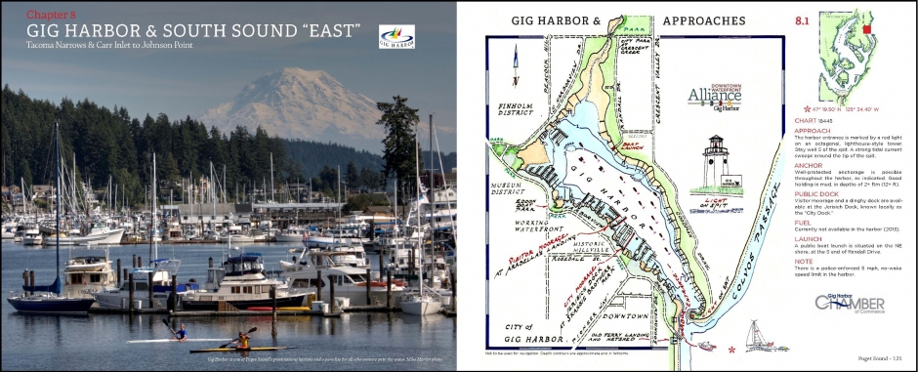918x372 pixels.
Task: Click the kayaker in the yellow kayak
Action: (x=240, y=342)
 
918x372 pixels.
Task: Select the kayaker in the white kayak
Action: (x=180, y=333)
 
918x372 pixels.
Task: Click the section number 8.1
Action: (x=800, y=19)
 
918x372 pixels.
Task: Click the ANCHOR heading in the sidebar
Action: (x=814, y=166)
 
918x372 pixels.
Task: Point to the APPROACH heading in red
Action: (x=817, y=129)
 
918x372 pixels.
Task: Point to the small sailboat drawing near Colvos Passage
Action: (x=755, y=335)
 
